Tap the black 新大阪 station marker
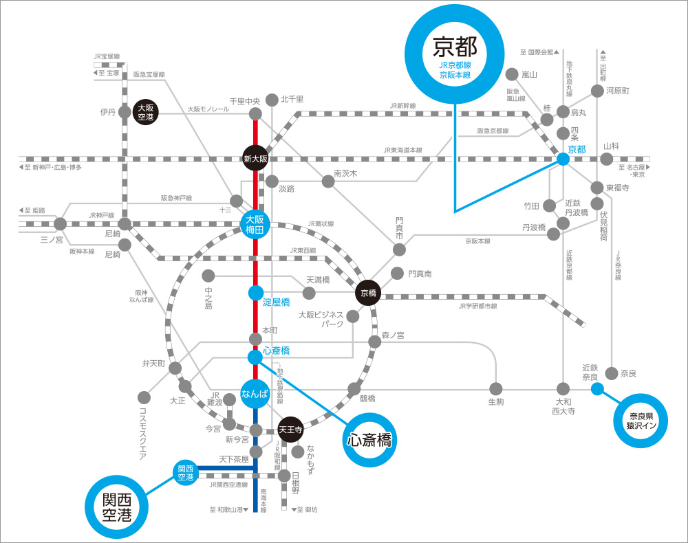pos(255,158)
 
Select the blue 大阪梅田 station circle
pos(255,225)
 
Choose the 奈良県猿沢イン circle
pos(641,420)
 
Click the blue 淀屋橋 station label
pos(277,302)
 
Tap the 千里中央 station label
pos(245,101)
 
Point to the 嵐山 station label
pos(529,74)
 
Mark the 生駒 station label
pos(496,401)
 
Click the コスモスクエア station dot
pos(144,397)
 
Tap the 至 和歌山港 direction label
pos(228,509)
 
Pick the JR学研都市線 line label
pos(477,306)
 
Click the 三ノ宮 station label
pos(51,240)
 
